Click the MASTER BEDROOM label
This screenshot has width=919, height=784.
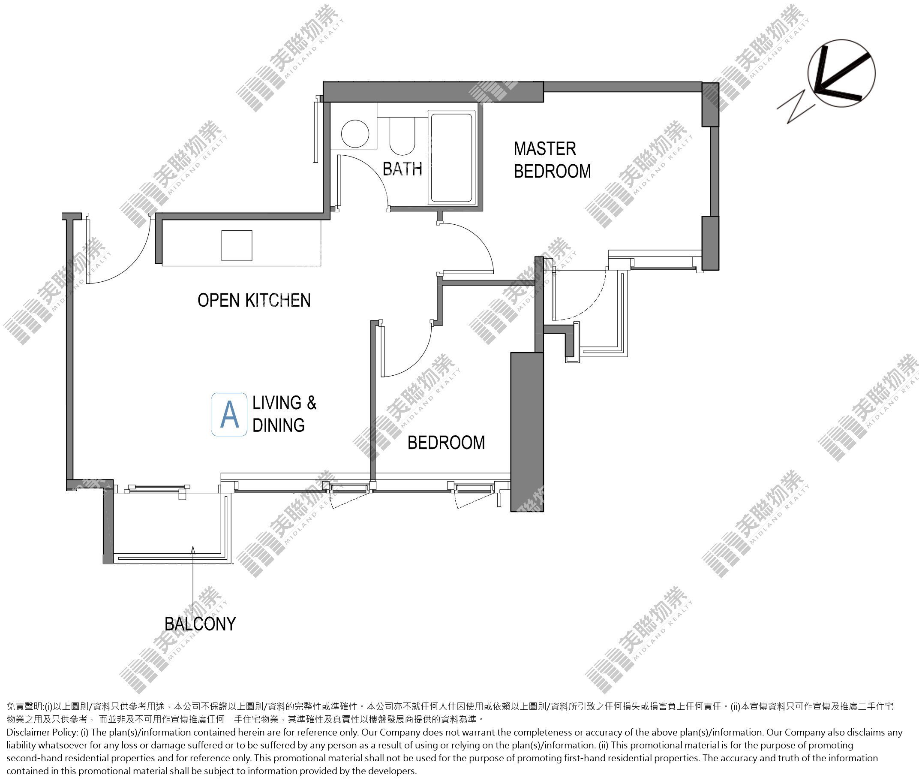(552, 160)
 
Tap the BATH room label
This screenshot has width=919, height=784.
(402, 169)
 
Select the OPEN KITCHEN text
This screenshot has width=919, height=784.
(254, 300)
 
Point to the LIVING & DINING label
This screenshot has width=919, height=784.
(284, 414)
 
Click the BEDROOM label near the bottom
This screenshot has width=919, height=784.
(446, 443)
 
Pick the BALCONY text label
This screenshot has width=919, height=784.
(200, 624)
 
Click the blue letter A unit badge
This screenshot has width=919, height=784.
(229, 414)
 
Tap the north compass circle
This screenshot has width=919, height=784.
(841, 74)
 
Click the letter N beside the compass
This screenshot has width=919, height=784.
(796, 106)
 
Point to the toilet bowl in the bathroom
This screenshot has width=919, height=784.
(402, 136)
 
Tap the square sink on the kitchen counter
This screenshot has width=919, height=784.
(237, 245)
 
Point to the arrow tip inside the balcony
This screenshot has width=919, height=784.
(193, 548)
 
